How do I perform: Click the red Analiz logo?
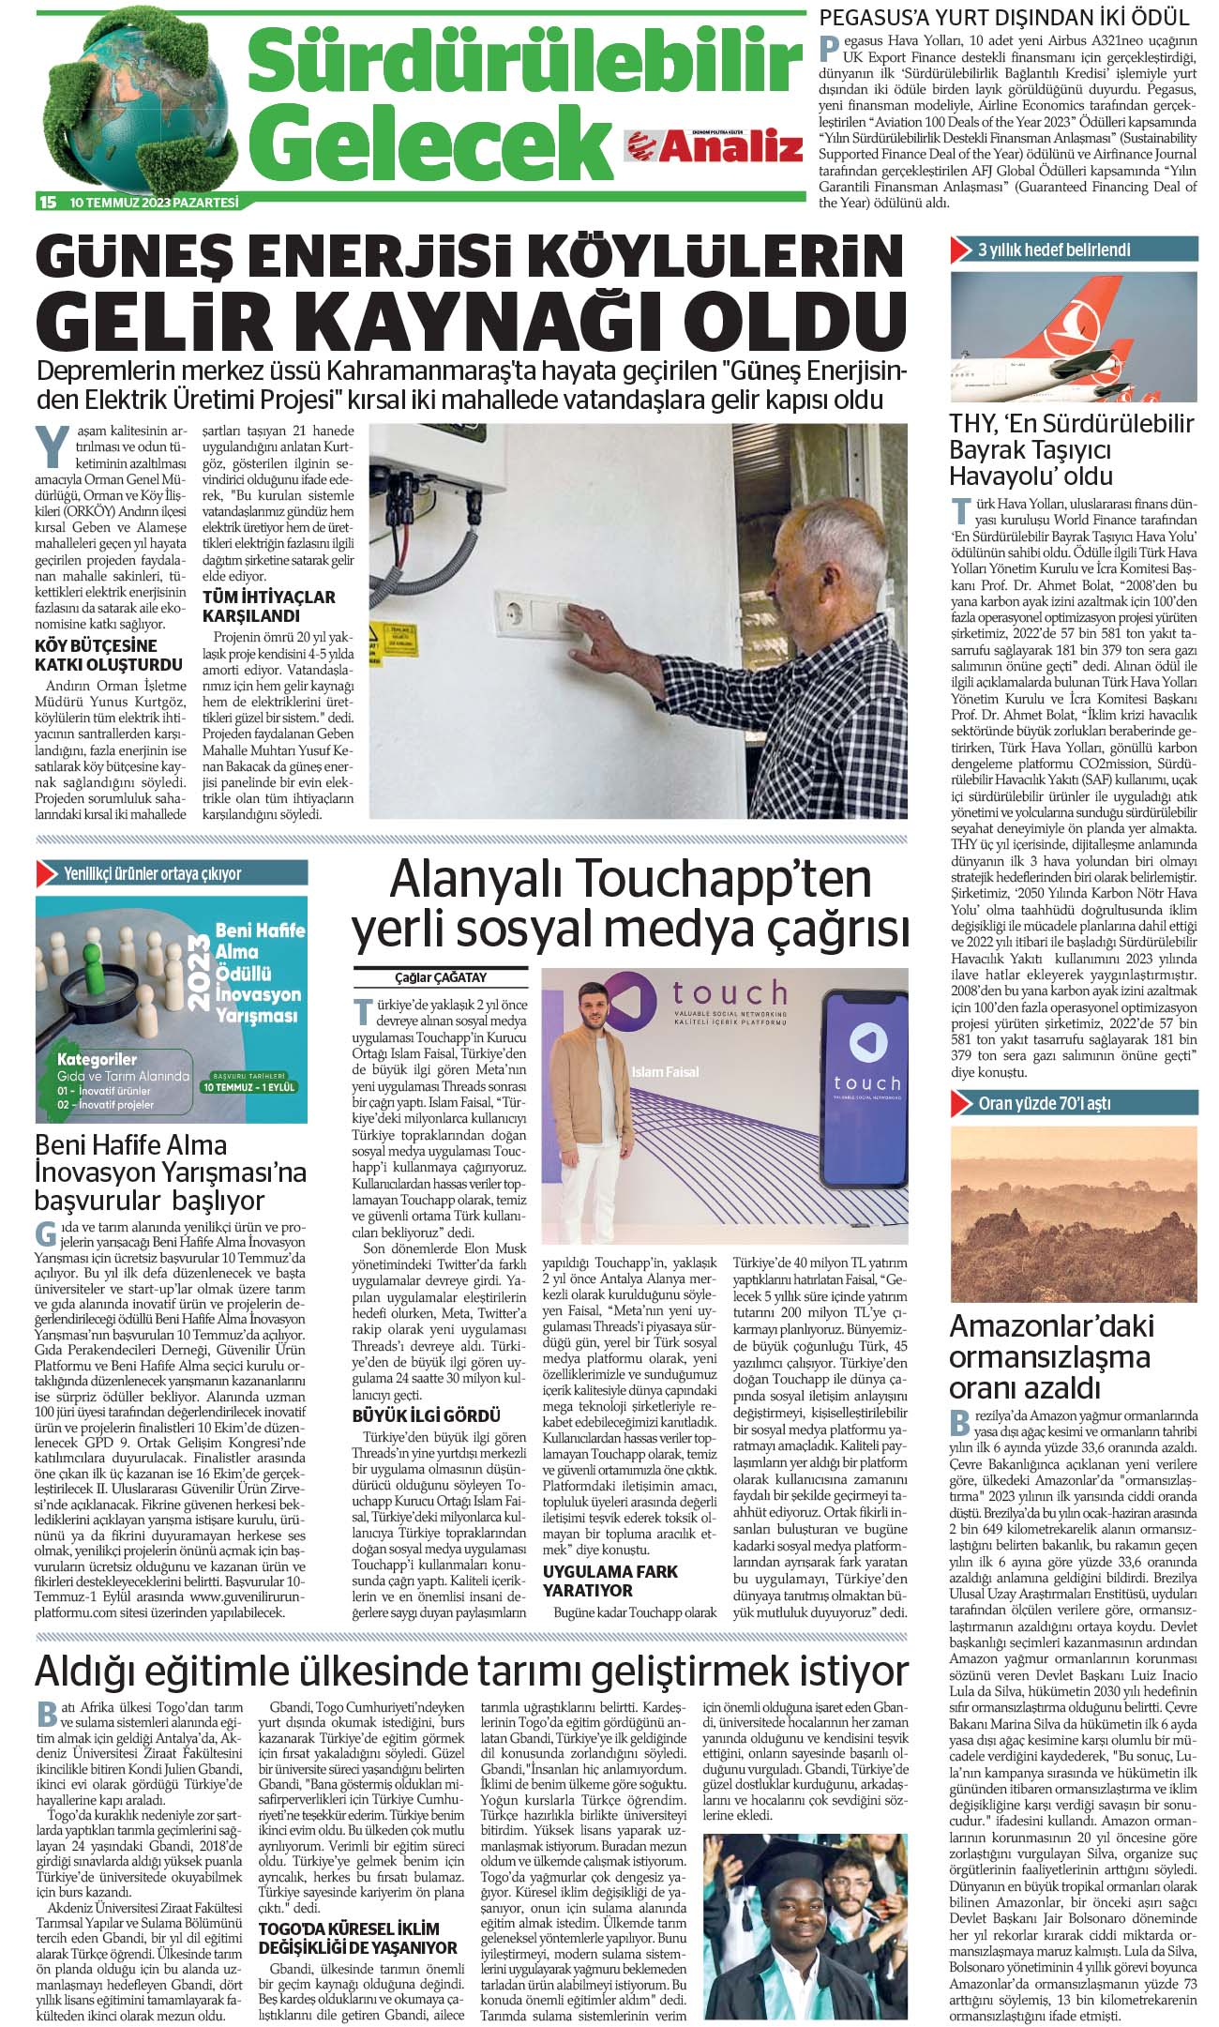click(715, 145)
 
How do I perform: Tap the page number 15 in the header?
click(48, 202)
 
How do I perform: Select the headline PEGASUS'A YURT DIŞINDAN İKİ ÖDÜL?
click(1004, 17)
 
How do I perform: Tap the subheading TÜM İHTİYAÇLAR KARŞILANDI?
click(269, 606)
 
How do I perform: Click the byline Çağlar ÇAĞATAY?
click(441, 977)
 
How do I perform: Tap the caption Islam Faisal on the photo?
click(665, 1071)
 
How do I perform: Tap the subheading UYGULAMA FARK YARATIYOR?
click(609, 1581)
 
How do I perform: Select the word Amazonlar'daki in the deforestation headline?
click(1051, 1326)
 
